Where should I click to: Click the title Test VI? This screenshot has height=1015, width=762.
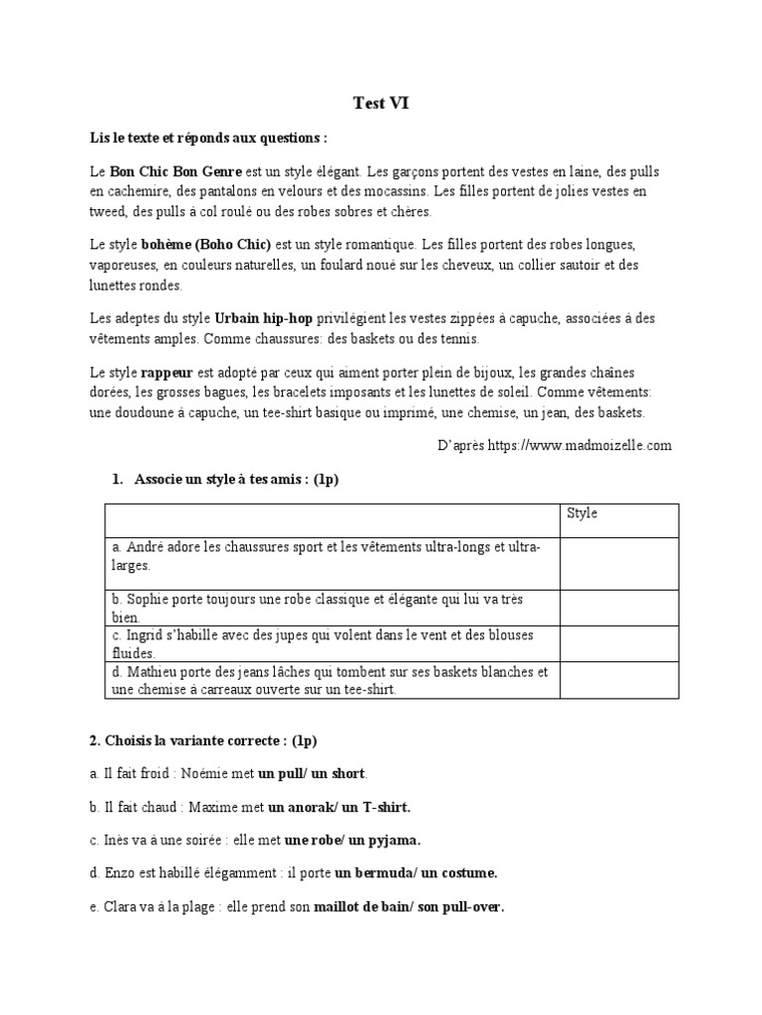tap(381, 102)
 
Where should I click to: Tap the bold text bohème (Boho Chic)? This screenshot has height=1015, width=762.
tap(216, 244)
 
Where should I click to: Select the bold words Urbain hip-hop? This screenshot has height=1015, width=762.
tap(263, 317)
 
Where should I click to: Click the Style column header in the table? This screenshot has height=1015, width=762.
tap(581, 513)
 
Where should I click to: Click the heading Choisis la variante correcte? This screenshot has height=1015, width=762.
tap(202, 740)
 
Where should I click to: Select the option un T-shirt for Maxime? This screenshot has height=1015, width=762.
tap(376, 807)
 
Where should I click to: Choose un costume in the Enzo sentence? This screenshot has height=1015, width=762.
tap(458, 873)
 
